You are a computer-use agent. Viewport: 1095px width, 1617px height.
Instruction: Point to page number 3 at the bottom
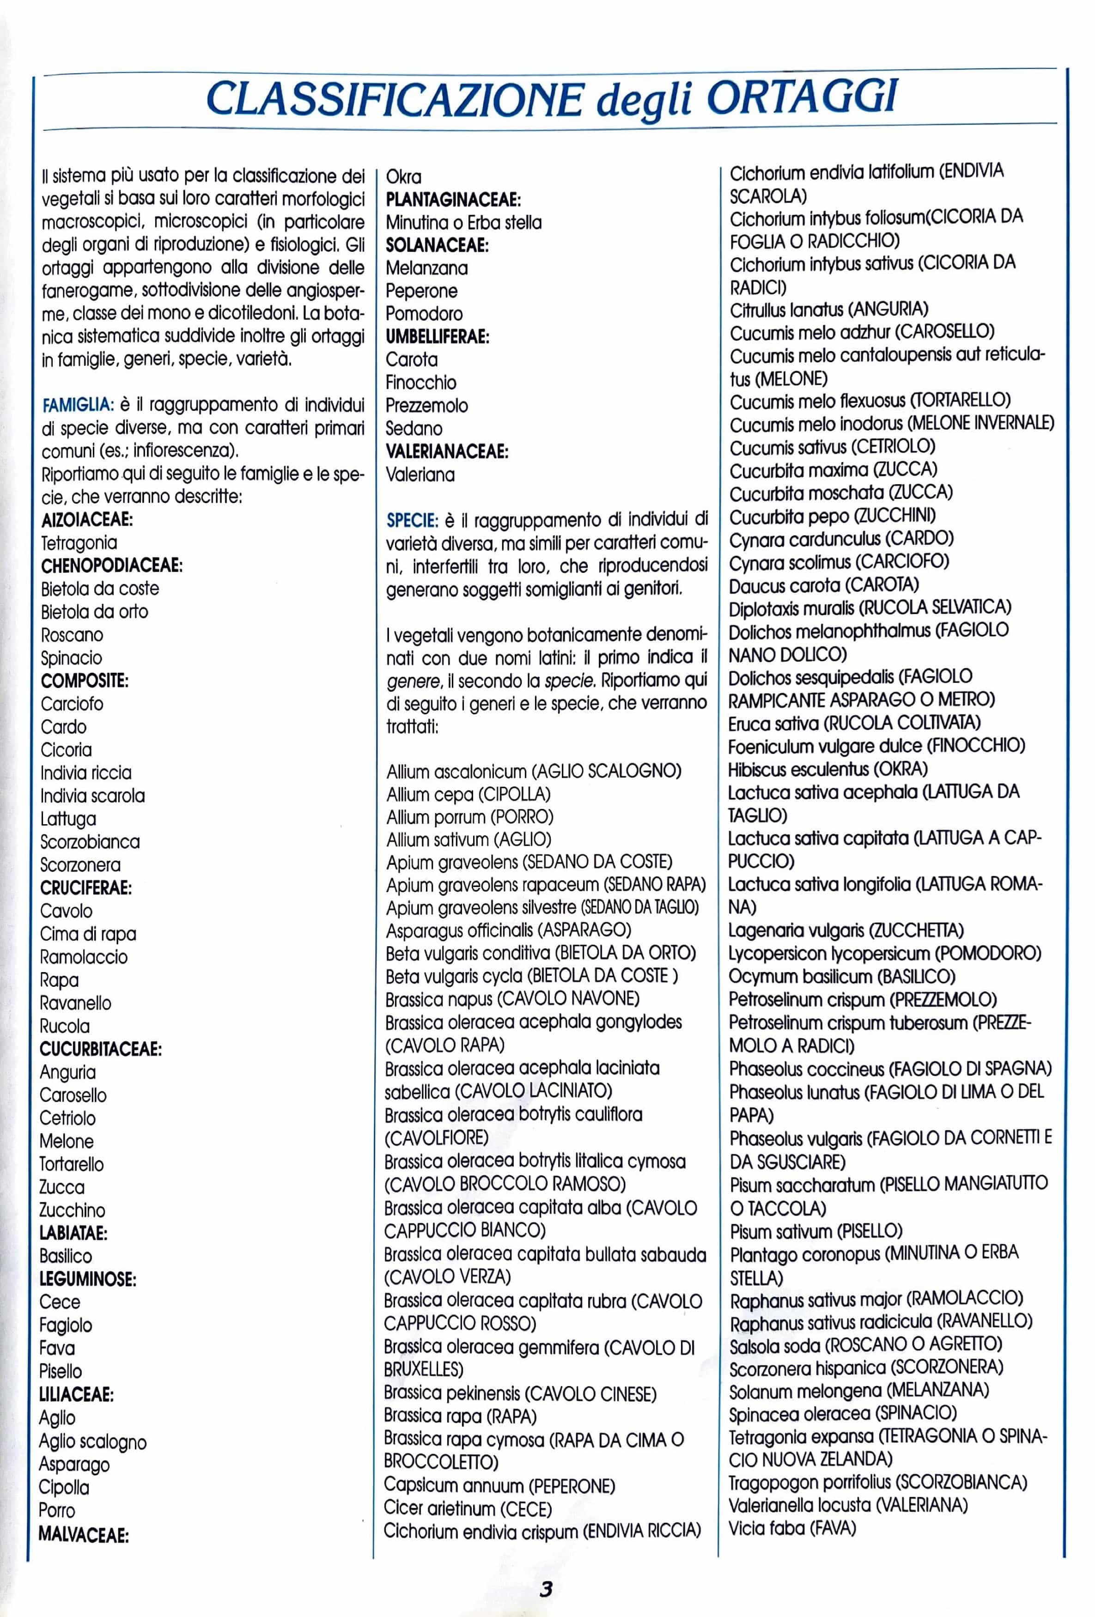546,1588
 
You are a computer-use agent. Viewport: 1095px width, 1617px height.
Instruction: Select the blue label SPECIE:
412,520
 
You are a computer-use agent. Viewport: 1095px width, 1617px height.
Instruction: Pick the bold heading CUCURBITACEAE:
101,1049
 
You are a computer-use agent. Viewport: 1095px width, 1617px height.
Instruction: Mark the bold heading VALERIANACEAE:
447,451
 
